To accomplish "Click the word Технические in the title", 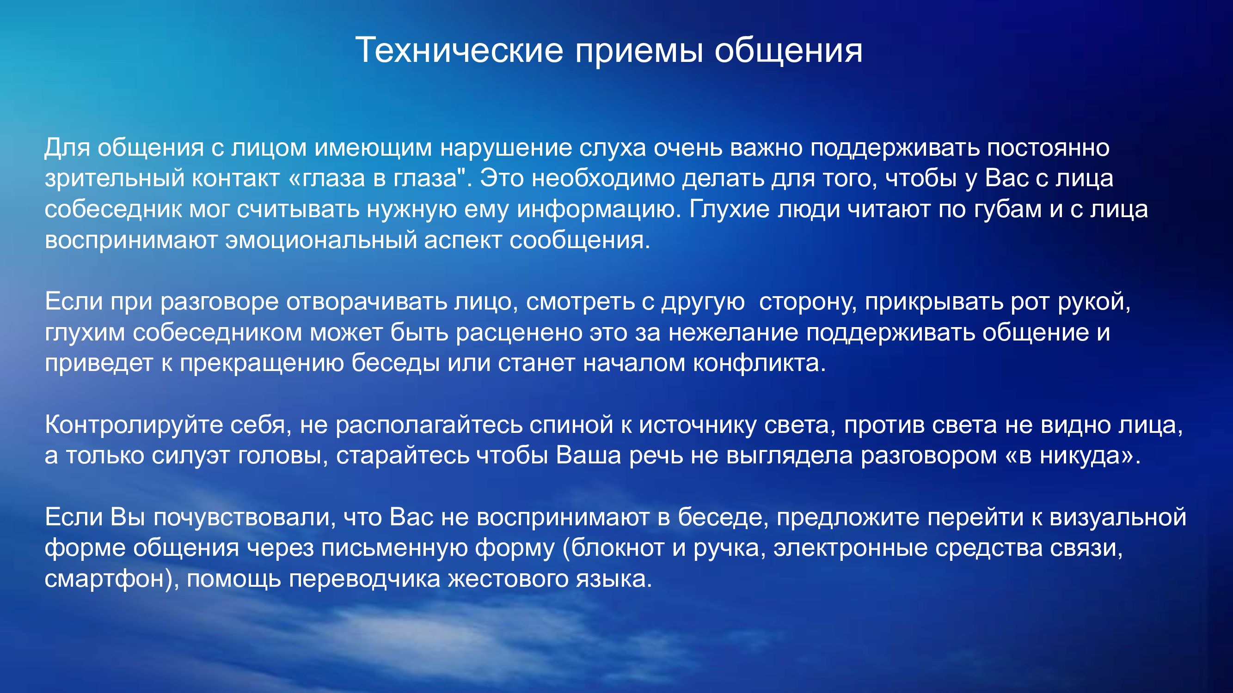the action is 459,50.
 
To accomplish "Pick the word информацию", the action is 599,209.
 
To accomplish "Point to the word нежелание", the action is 733,333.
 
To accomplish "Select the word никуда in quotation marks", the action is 1080,456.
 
